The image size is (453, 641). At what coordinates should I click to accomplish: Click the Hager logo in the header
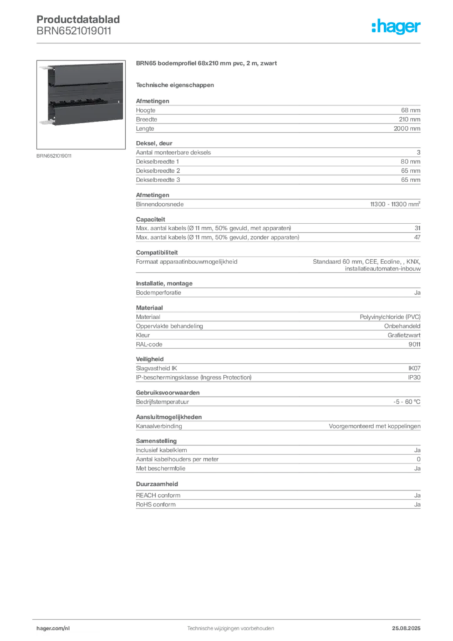click(395, 26)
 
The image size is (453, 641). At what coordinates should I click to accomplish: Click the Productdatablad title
click(78, 19)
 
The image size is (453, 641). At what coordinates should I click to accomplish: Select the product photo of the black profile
click(81, 105)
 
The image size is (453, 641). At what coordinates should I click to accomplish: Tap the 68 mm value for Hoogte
click(410, 110)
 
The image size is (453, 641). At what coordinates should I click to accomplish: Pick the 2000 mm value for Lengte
click(407, 128)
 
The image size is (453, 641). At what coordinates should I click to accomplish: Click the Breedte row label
click(146, 120)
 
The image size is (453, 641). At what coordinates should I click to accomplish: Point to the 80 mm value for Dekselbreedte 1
click(410, 162)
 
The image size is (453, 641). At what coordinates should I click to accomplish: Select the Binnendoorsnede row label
click(160, 204)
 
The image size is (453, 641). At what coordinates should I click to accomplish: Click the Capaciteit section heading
click(151, 219)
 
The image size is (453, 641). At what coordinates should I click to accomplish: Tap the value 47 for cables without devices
click(417, 237)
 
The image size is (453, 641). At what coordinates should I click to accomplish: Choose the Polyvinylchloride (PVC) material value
click(390, 317)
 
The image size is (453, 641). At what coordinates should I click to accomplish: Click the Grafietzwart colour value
click(404, 336)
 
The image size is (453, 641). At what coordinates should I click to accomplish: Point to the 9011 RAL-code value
click(414, 344)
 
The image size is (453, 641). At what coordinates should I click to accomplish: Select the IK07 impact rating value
click(414, 368)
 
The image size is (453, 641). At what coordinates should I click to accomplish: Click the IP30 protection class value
click(414, 377)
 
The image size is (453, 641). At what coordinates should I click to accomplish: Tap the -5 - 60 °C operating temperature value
click(407, 402)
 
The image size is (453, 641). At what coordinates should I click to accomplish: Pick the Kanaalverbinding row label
click(159, 426)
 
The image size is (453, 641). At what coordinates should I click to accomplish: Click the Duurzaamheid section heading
click(157, 484)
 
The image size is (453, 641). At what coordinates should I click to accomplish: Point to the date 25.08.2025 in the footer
click(406, 628)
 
